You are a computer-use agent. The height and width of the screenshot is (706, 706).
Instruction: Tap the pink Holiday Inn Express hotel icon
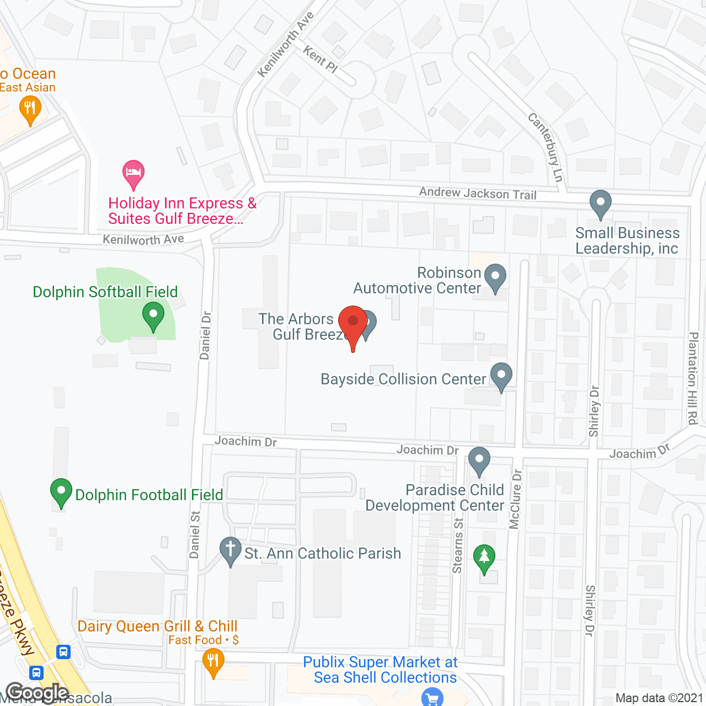(x=133, y=173)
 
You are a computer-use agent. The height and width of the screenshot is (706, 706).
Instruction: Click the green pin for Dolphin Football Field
(x=61, y=491)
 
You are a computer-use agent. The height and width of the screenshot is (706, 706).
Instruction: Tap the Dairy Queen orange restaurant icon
(x=213, y=661)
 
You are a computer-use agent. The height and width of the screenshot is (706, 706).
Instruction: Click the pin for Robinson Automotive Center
(x=495, y=277)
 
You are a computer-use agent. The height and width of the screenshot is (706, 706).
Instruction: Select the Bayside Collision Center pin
(x=501, y=376)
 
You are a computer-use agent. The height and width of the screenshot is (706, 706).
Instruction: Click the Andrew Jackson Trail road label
(x=478, y=193)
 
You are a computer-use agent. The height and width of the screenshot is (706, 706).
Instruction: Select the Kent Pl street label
(x=320, y=59)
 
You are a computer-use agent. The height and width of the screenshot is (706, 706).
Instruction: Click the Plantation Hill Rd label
(x=693, y=378)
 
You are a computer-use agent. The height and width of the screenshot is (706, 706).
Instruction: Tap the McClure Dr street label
(x=515, y=499)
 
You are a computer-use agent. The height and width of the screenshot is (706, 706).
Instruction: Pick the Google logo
(x=37, y=693)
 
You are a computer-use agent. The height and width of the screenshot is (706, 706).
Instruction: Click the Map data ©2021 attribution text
(x=659, y=698)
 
